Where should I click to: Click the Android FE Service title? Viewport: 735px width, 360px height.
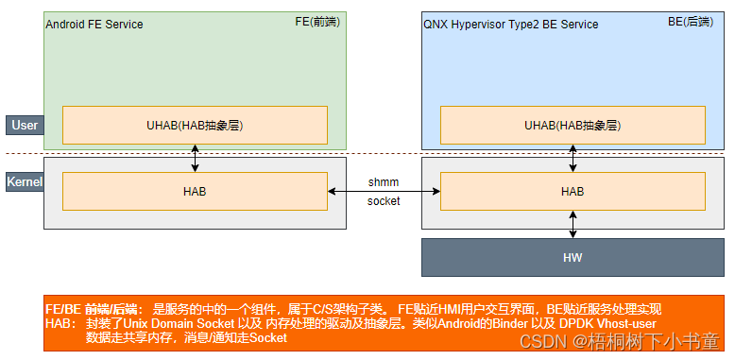(x=94, y=24)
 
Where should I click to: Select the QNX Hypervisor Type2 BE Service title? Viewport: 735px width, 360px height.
(x=510, y=24)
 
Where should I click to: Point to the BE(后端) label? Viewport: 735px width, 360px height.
(x=695, y=21)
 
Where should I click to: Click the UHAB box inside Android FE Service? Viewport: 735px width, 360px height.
(x=195, y=125)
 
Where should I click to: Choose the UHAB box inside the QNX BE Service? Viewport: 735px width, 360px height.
(x=573, y=125)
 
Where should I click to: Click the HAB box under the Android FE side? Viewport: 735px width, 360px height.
(x=195, y=192)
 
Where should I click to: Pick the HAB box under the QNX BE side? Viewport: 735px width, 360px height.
(x=573, y=192)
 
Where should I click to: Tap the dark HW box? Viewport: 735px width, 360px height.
(x=573, y=257)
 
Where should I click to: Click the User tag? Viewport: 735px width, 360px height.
(x=25, y=125)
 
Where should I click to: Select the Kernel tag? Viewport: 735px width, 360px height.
(x=25, y=181)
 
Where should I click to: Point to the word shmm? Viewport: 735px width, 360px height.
(x=384, y=181)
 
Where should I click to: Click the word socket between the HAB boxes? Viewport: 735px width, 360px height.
(x=384, y=201)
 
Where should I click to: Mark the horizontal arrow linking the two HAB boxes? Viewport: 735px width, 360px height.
(x=384, y=192)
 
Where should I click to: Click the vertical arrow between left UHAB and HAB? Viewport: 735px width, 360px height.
(x=195, y=158)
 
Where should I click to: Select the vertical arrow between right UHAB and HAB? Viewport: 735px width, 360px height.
(x=573, y=158)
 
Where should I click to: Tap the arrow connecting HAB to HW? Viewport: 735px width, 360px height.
(x=573, y=225)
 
